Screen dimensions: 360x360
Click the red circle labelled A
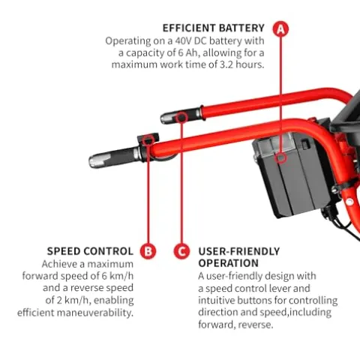(280, 29)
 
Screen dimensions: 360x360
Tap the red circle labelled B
(148, 251)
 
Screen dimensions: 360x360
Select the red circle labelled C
(181, 251)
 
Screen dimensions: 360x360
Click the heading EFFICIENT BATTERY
(214, 28)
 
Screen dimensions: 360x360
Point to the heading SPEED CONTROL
(90, 251)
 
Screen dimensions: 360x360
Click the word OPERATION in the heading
(229, 263)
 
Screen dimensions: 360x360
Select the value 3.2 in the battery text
(226, 64)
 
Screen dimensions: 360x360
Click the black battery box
(290, 175)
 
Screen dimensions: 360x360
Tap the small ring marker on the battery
(280, 158)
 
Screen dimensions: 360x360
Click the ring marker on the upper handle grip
(181, 118)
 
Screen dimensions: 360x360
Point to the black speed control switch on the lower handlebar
(148, 140)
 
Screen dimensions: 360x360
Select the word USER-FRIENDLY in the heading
(239, 251)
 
